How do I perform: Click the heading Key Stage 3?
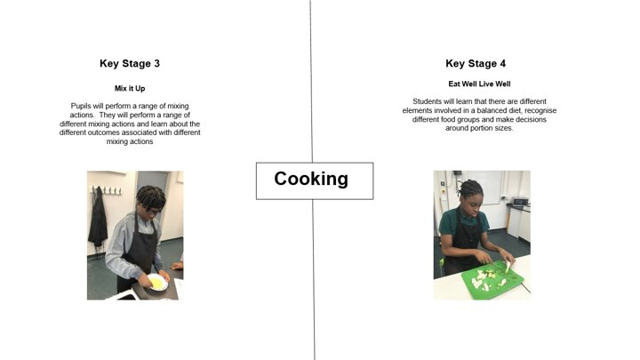pos(130,64)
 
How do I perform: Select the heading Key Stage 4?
pos(476,64)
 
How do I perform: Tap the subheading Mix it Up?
pos(130,88)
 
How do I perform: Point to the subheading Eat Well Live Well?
pos(479,84)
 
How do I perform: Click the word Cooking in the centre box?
pos(311,179)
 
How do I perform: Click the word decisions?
pos(530,119)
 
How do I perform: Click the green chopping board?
pos(492,281)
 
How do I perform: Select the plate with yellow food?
pos(157,282)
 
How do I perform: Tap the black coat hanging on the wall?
pos(98,218)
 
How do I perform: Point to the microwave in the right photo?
pos(520,202)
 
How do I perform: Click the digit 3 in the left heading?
pos(156,64)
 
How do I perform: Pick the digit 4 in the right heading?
pos(502,64)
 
